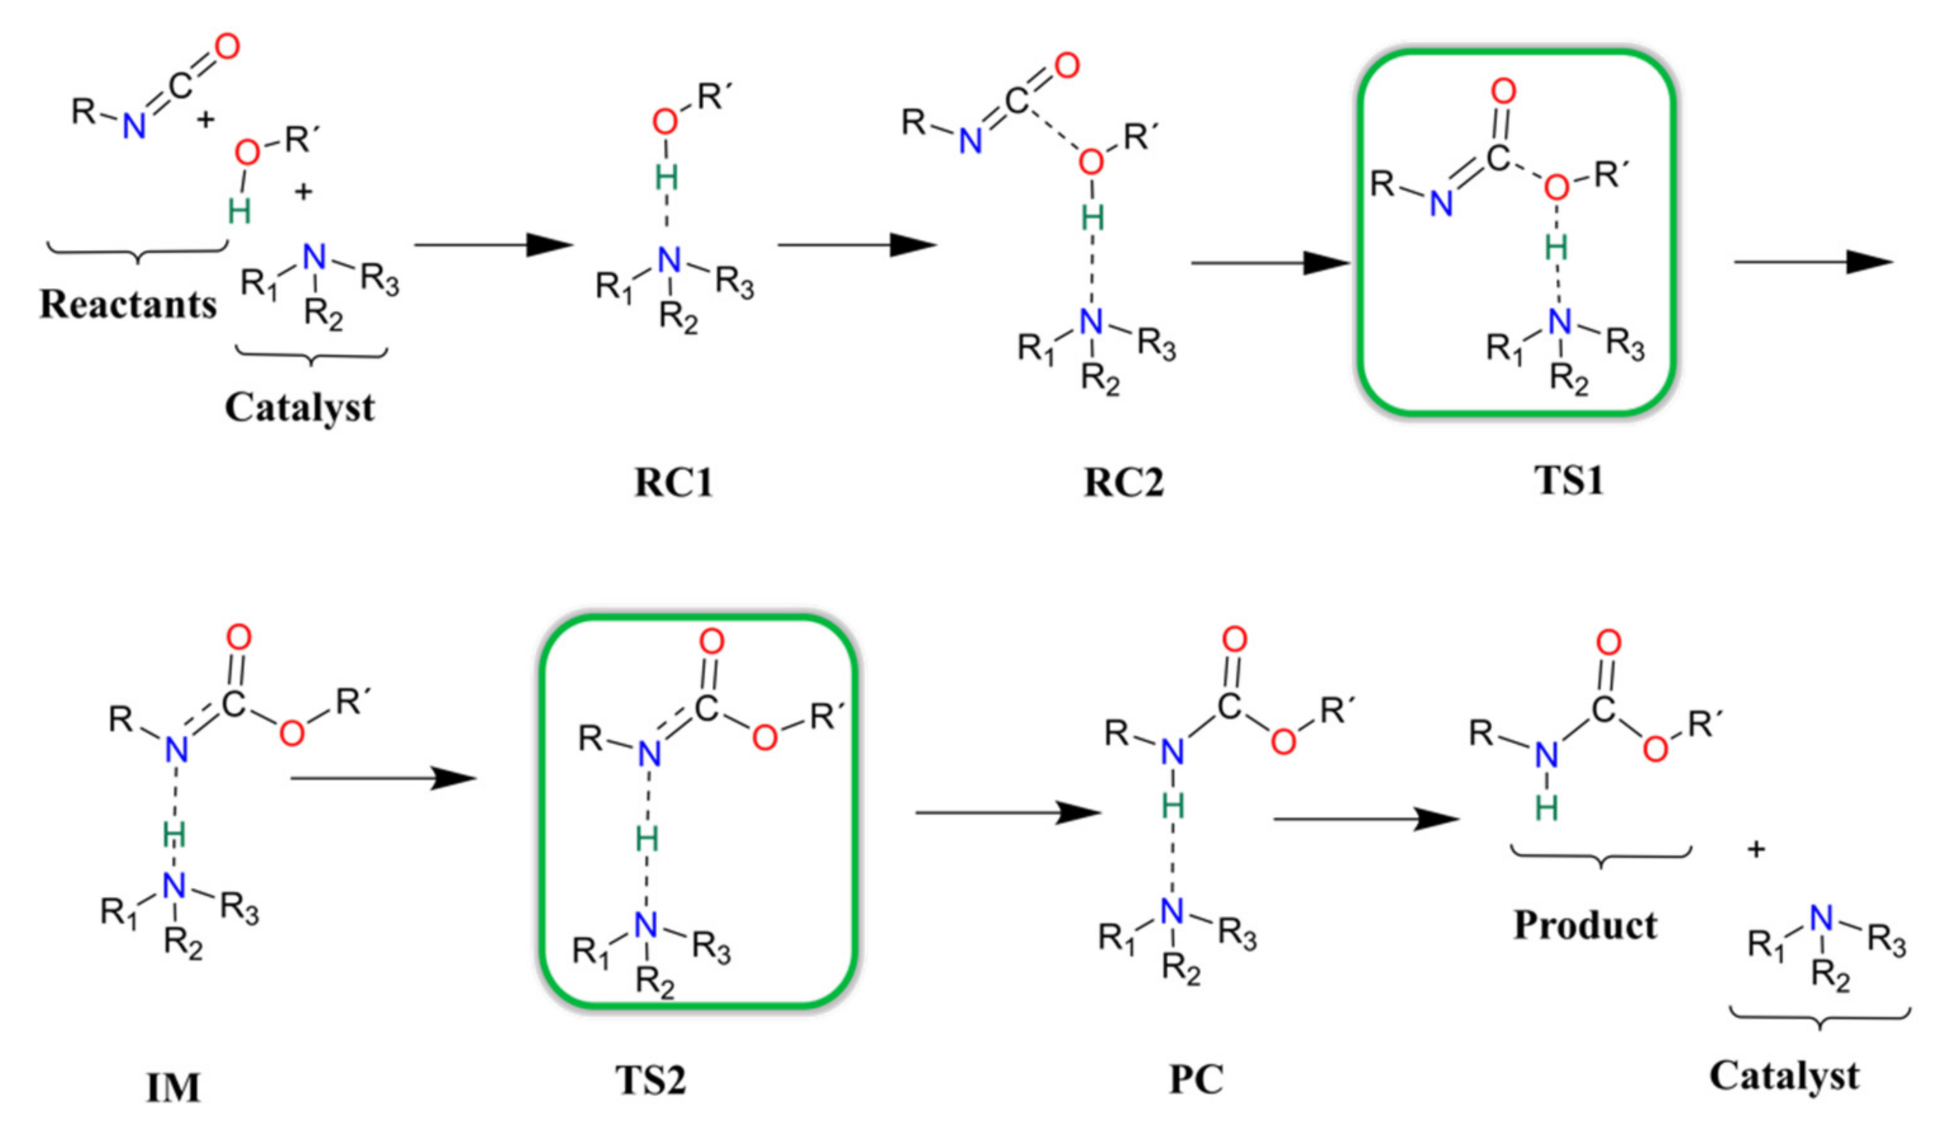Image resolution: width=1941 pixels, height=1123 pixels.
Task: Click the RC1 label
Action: (673, 483)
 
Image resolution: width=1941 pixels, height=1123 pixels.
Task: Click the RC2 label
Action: (1124, 483)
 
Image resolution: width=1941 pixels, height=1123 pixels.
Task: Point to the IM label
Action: (174, 1088)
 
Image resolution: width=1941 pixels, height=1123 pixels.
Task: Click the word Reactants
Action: (128, 304)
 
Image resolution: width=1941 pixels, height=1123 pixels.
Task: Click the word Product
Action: (1585, 925)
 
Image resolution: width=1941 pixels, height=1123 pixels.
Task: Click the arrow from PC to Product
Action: (1366, 819)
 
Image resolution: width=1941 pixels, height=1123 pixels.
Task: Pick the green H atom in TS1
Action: (1556, 248)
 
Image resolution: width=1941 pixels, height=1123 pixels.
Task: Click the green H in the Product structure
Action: (1546, 808)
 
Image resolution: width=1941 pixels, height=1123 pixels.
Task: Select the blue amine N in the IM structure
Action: (175, 887)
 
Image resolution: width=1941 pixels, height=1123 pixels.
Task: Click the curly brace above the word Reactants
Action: (137, 251)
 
